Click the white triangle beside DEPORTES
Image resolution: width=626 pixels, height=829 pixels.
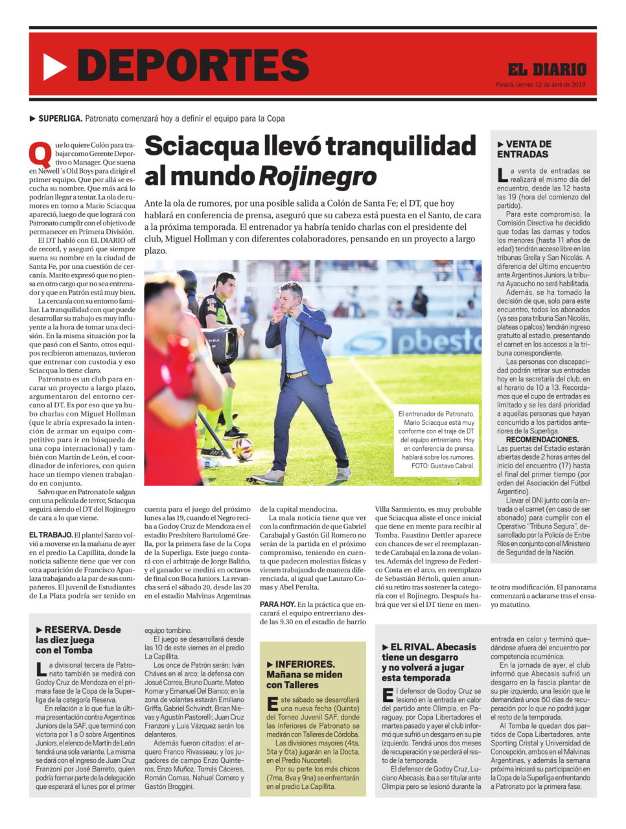coord(54,66)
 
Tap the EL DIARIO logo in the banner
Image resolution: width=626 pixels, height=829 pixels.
coord(547,69)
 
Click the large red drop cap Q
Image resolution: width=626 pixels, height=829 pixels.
coord(41,153)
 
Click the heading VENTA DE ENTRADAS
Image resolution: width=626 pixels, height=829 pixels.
coord(524,149)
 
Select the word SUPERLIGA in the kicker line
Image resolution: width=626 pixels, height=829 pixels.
coord(60,119)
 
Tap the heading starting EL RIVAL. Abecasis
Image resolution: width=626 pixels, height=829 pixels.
coord(428,662)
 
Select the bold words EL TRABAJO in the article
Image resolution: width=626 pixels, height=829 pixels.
coord(51,535)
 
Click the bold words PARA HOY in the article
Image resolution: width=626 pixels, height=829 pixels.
coord(278,604)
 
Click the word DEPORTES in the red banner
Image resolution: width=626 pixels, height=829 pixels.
coord(192,65)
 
